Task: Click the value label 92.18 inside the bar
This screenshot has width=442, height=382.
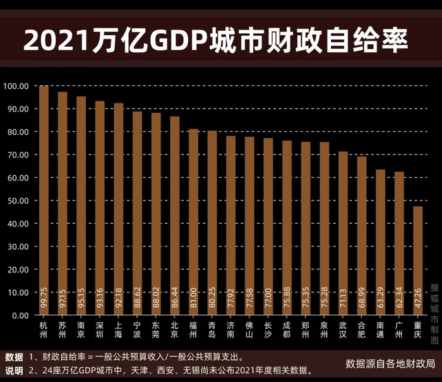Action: tap(119, 299)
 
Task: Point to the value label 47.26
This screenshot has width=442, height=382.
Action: tap(418, 299)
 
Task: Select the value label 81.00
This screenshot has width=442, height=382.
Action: tap(194, 299)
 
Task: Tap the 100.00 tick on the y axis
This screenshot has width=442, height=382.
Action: tap(17, 86)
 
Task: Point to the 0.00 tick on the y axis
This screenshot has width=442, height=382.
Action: tap(21, 315)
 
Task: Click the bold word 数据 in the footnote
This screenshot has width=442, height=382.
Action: tap(15, 356)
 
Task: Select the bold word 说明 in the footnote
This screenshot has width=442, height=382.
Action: tap(15, 369)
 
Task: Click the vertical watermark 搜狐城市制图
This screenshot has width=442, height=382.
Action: tap(434, 312)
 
